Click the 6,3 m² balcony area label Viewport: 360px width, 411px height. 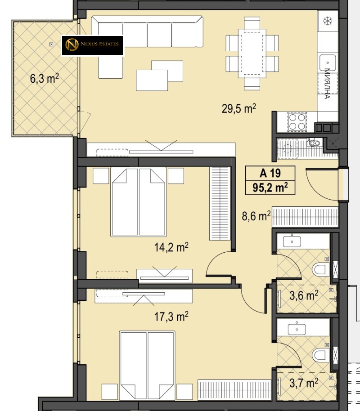[x=45, y=78]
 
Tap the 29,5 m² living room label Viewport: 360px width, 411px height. [x=239, y=108]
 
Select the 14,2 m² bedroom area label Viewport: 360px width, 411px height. [x=171, y=247]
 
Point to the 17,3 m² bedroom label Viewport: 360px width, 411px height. [x=171, y=317]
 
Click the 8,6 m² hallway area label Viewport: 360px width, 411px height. [x=256, y=216]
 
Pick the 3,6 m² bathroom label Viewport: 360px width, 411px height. [x=304, y=295]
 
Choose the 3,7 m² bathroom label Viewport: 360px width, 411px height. [x=304, y=383]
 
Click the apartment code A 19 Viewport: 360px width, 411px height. [x=270, y=173]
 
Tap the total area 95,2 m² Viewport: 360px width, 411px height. [x=270, y=188]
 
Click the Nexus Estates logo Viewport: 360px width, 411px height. [x=92, y=45]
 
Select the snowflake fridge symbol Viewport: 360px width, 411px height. [x=328, y=21]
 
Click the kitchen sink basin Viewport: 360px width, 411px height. [x=328, y=63]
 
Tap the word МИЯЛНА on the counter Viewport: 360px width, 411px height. [x=327, y=84]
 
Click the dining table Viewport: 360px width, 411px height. [x=252, y=54]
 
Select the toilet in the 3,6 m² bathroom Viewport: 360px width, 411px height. [x=320, y=269]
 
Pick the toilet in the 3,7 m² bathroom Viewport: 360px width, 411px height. [x=320, y=355]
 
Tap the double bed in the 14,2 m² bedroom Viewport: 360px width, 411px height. [x=138, y=202]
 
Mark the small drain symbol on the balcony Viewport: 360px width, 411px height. [x=51, y=45]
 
